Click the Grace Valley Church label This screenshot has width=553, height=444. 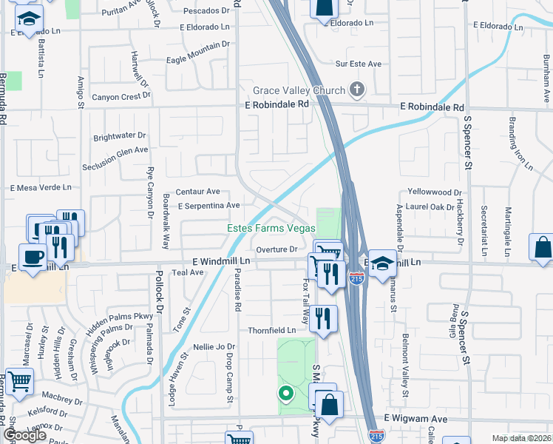tap(299, 90)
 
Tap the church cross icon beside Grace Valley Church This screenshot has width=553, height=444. tap(356, 90)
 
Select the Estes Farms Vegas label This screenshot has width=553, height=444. tap(271, 229)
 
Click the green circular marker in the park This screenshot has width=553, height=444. tap(285, 393)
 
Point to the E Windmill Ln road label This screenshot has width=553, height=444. tap(222, 262)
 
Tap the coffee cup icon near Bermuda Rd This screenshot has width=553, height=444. tap(30, 258)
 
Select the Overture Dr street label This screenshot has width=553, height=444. tap(276, 249)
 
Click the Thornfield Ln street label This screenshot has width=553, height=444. tap(276, 330)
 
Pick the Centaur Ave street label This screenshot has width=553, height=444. tap(197, 191)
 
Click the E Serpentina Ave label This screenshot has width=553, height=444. tap(209, 205)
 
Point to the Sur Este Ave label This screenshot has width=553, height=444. tap(359, 64)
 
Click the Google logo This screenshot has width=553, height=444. tap(24, 435)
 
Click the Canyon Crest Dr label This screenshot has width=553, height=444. tap(121, 96)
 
